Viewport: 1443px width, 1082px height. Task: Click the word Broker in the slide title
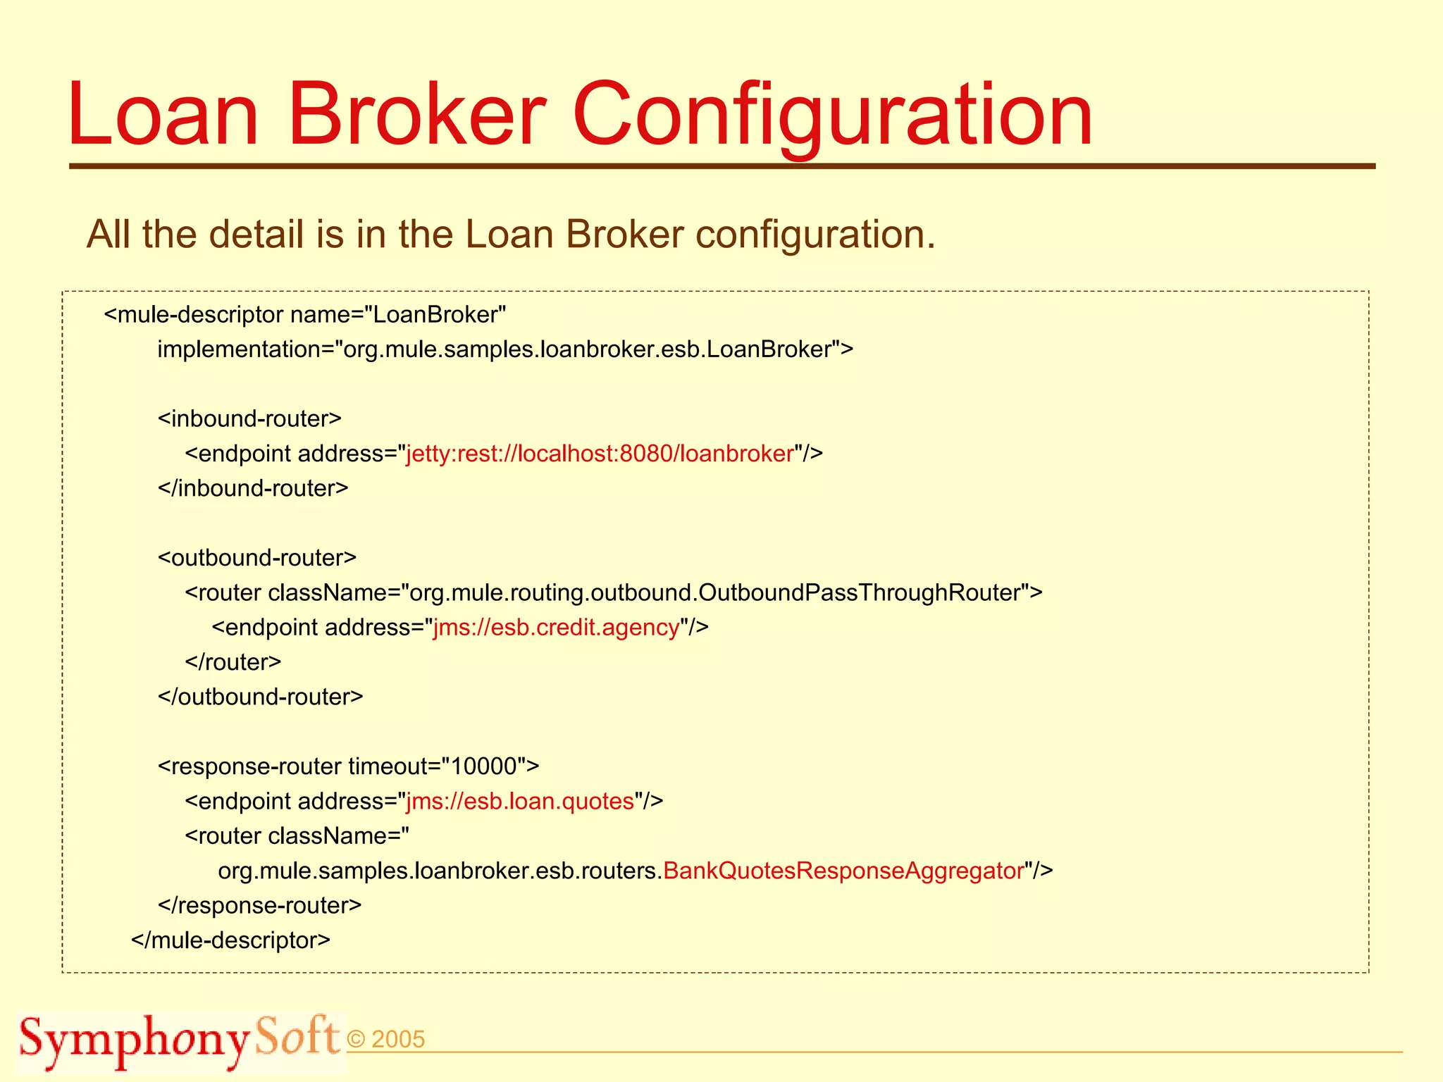416,114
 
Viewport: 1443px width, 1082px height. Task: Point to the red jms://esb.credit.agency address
557,627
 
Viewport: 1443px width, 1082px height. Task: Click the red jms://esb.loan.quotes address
520,801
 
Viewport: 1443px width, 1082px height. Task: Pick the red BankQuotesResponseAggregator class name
843,871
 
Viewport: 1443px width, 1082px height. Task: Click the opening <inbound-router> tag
249,418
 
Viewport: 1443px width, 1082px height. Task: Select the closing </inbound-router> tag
253,488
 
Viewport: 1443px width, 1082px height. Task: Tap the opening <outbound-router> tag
257,558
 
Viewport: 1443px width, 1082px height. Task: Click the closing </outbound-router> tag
261,697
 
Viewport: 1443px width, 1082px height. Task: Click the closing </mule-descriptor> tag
230,940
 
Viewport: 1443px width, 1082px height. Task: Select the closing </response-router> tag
260,905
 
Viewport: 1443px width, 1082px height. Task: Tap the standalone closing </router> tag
233,662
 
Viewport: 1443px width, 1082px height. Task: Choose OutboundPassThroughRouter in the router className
860,592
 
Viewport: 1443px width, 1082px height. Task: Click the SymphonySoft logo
179,1040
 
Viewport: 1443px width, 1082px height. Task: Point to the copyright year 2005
397,1040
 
